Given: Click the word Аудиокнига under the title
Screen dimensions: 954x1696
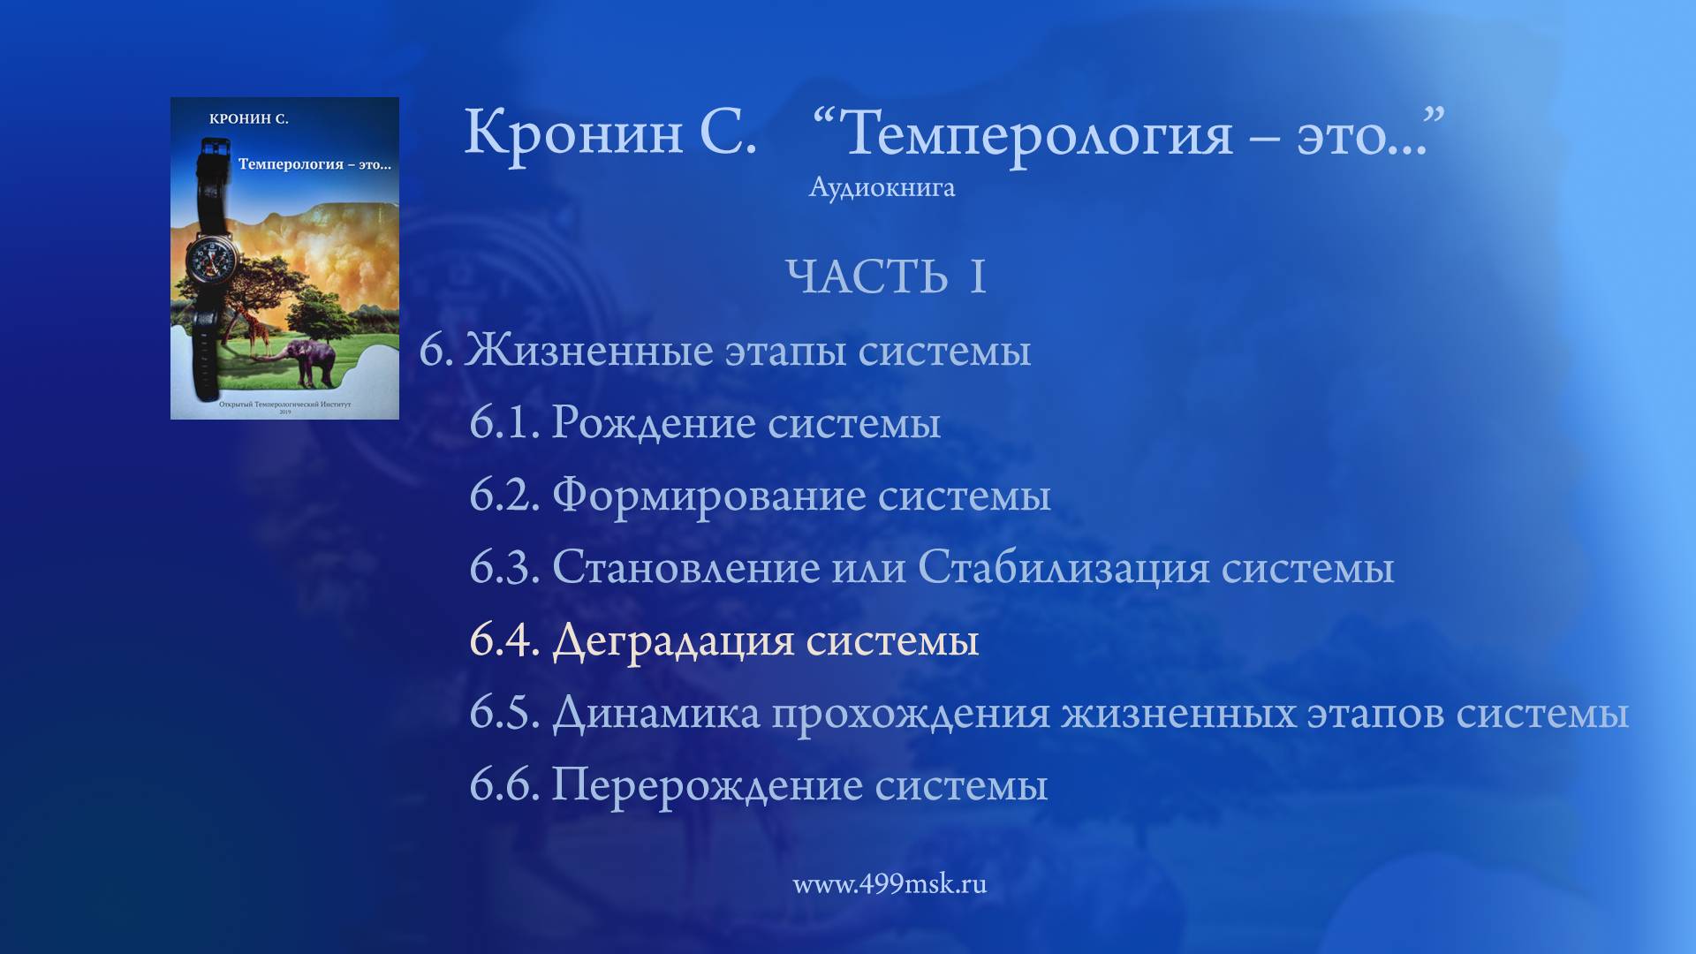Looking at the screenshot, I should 882,188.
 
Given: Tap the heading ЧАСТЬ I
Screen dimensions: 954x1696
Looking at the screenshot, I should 885,277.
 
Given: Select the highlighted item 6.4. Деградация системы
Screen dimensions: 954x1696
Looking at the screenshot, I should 723,640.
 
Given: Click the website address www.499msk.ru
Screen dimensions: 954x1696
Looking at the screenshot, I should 890,884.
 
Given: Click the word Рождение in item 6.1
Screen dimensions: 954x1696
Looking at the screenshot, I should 654,422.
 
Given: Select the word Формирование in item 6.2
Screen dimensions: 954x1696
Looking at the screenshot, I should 709,495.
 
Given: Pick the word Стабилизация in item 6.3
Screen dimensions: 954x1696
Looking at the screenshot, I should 1064,567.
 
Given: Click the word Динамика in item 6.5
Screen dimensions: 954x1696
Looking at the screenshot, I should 655,712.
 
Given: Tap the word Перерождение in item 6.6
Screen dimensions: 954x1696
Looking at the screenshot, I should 707,784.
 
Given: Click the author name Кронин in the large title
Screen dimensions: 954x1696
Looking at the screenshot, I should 573,132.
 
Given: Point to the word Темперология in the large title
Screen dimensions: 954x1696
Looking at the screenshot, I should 1039,134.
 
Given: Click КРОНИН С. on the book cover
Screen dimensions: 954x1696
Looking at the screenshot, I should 249,119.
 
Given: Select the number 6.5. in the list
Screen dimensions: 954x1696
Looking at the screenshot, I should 503,712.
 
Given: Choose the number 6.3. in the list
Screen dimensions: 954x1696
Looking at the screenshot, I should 503,567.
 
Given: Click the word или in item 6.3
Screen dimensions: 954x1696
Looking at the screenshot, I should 868,567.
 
